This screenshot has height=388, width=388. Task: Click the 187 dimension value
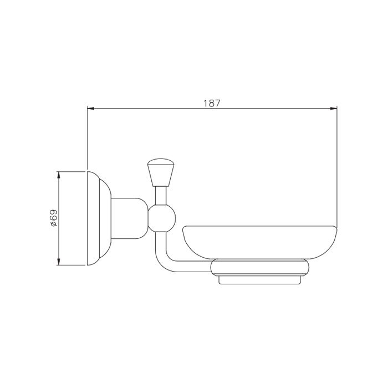tap(212, 103)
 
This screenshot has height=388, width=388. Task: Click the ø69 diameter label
tap(53, 218)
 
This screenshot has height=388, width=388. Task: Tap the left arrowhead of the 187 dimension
tap(90, 109)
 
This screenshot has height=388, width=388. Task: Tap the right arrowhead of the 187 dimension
tap(334, 109)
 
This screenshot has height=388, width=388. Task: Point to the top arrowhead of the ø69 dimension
tap(59, 175)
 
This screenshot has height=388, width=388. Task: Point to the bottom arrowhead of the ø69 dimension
tap(59, 262)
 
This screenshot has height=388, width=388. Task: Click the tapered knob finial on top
tap(161, 172)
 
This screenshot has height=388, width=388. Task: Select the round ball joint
tap(162, 218)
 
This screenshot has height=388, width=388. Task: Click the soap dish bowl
tap(259, 243)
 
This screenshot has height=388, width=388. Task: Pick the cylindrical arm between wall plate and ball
tap(130, 218)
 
